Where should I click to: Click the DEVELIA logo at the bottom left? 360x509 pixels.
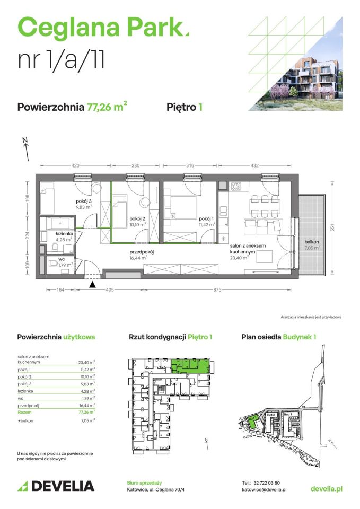click(56, 486)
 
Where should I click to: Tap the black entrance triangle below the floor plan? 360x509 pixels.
click(93, 285)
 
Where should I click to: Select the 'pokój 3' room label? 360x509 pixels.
click(83, 201)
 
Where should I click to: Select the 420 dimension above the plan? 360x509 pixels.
click(76, 166)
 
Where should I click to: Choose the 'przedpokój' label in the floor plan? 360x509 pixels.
click(142, 252)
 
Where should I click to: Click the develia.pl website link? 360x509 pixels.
click(326, 488)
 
